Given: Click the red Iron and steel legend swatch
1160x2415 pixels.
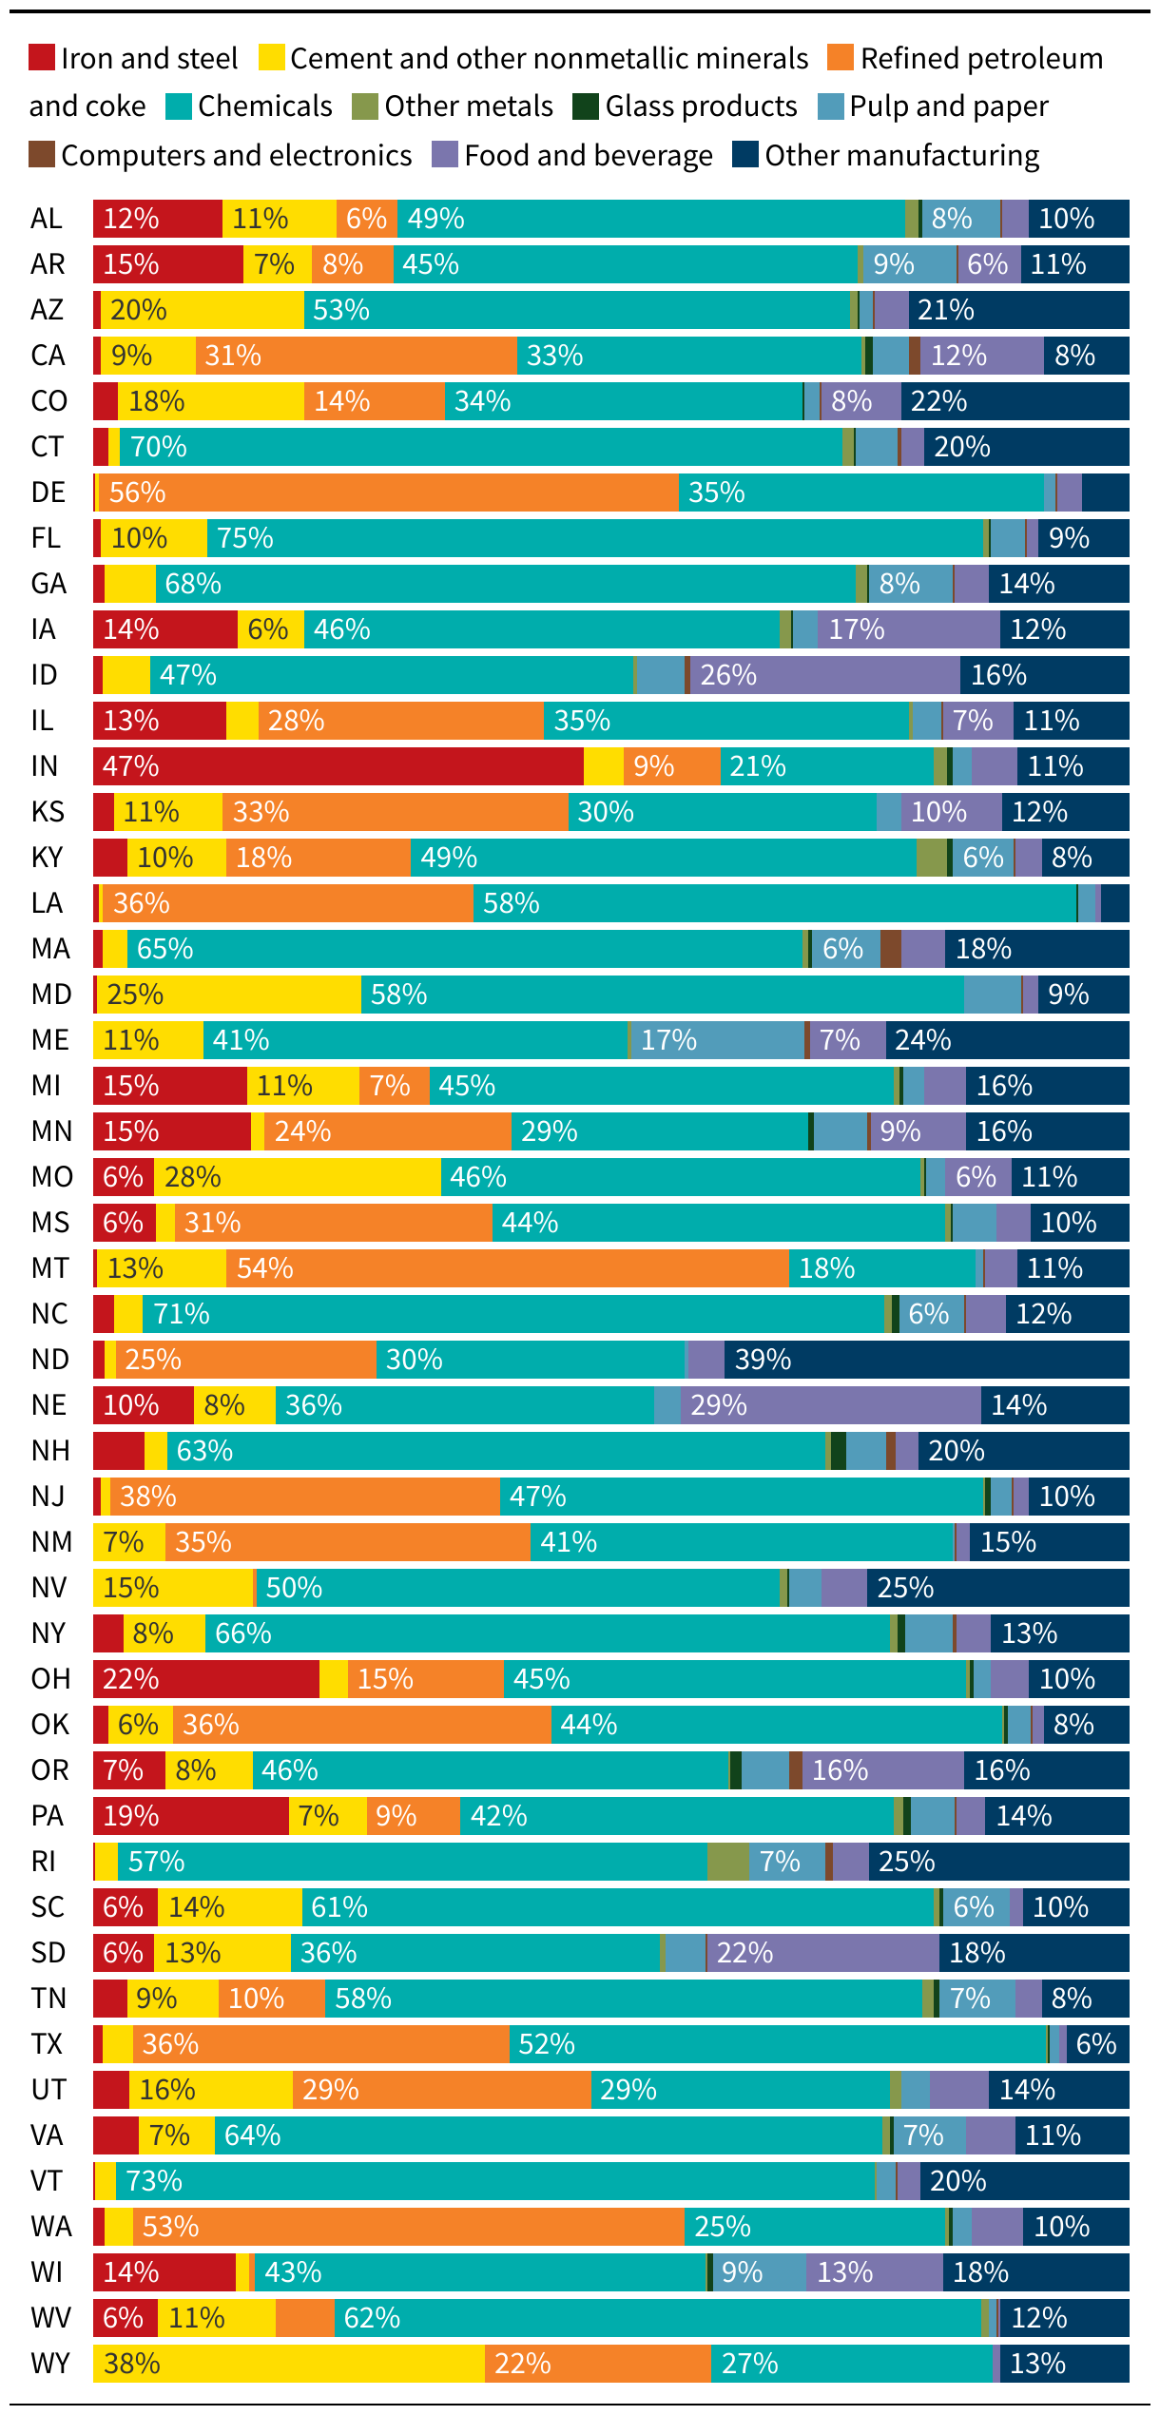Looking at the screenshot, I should pos(42,58).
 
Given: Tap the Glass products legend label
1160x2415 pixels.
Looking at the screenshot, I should pos(701,106).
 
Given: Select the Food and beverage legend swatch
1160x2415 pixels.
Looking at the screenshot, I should pos(445,155).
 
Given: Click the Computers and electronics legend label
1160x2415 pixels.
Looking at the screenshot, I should pos(236,155).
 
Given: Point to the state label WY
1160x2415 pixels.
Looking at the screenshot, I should pos(49,2364).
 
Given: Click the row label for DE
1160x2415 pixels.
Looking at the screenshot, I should pos(48,493).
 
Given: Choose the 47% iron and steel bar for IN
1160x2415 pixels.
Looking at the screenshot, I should pos(338,766).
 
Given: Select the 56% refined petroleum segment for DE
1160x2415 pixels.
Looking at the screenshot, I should pos(388,493).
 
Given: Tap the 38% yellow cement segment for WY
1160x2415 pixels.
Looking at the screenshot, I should pos(288,2364).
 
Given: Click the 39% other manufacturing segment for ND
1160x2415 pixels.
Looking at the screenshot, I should pos(926,1360).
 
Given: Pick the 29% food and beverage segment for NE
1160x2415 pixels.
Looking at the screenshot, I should pos(830,1405).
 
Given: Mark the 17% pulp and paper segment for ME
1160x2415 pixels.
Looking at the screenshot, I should pos(717,1040).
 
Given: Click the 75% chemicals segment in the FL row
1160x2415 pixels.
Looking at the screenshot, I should pos(594,538).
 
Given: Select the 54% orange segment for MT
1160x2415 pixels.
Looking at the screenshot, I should pos(507,1268).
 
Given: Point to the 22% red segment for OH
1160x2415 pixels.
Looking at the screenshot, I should pos(205,1679).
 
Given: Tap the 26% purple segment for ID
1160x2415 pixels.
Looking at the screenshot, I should pos(824,675).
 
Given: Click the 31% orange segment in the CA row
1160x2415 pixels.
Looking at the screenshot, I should pos(356,356).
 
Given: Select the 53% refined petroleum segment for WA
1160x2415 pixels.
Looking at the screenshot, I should pos(408,2227).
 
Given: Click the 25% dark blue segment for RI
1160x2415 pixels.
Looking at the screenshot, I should pos(998,1862).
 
